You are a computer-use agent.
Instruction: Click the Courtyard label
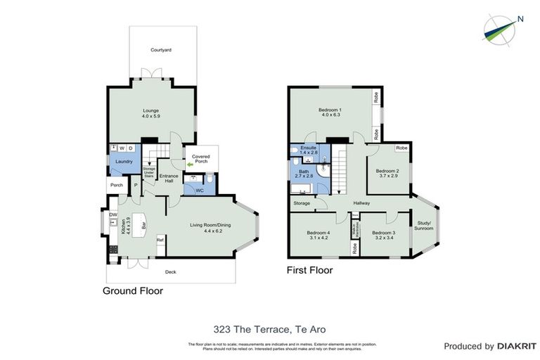pyautogui.click(x=161, y=50)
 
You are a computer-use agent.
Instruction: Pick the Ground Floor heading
pyautogui.click(x=133, y=290)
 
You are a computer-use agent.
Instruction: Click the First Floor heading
pyautogui.click(x=309, y=270)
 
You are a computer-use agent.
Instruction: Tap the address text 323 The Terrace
pyautogui.click(x=269, y=328)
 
